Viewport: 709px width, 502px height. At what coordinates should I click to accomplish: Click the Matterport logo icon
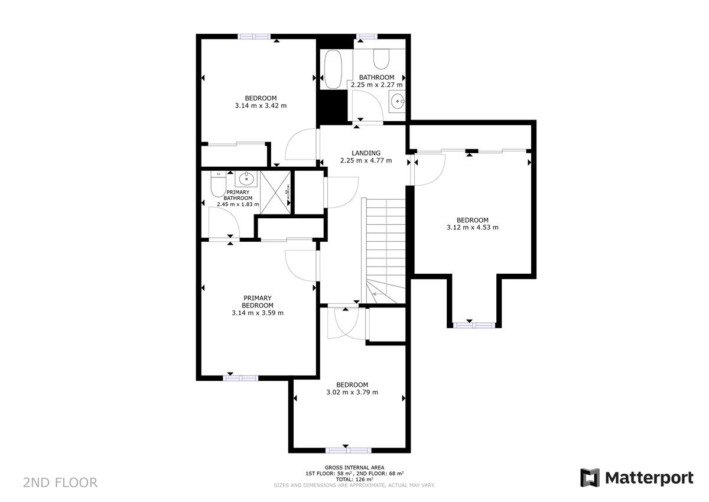click(590, 477)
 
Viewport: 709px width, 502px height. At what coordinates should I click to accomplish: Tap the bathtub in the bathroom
click(333, 69)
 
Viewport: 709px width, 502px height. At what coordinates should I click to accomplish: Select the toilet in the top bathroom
click(380, 59)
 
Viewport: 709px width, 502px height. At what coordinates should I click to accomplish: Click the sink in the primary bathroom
click(246, 179)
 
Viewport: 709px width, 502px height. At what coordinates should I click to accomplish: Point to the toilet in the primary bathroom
click(218, 184)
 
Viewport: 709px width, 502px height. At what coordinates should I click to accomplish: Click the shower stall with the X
click(275, 193)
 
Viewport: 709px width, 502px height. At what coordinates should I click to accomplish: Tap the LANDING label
click(366, 153)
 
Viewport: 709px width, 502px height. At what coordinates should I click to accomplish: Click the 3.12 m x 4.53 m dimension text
click(473, 227)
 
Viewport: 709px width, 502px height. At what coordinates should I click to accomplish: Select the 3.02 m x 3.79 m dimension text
click(352, 392)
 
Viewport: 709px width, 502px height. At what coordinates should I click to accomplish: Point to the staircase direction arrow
click(375, 294)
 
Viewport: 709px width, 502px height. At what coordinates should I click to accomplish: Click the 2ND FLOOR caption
click(60, 482)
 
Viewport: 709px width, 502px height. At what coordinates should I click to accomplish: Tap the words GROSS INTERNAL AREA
click(354, 468)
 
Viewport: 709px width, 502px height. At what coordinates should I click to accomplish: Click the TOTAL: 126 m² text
click(354, 480)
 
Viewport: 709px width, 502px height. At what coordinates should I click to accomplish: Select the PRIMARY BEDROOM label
click(258, 302)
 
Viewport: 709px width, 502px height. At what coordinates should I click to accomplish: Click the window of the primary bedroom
click(240, 378)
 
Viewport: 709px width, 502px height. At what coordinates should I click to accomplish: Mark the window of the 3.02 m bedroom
click(348, 451)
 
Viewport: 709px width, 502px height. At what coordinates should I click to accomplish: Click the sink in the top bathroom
click(397, 101)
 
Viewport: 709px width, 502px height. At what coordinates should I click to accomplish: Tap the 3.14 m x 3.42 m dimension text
click(261, 105)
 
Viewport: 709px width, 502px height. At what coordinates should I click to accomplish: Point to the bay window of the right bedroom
click(474, 325)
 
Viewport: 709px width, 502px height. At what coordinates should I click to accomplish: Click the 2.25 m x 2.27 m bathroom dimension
click(377, 85)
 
